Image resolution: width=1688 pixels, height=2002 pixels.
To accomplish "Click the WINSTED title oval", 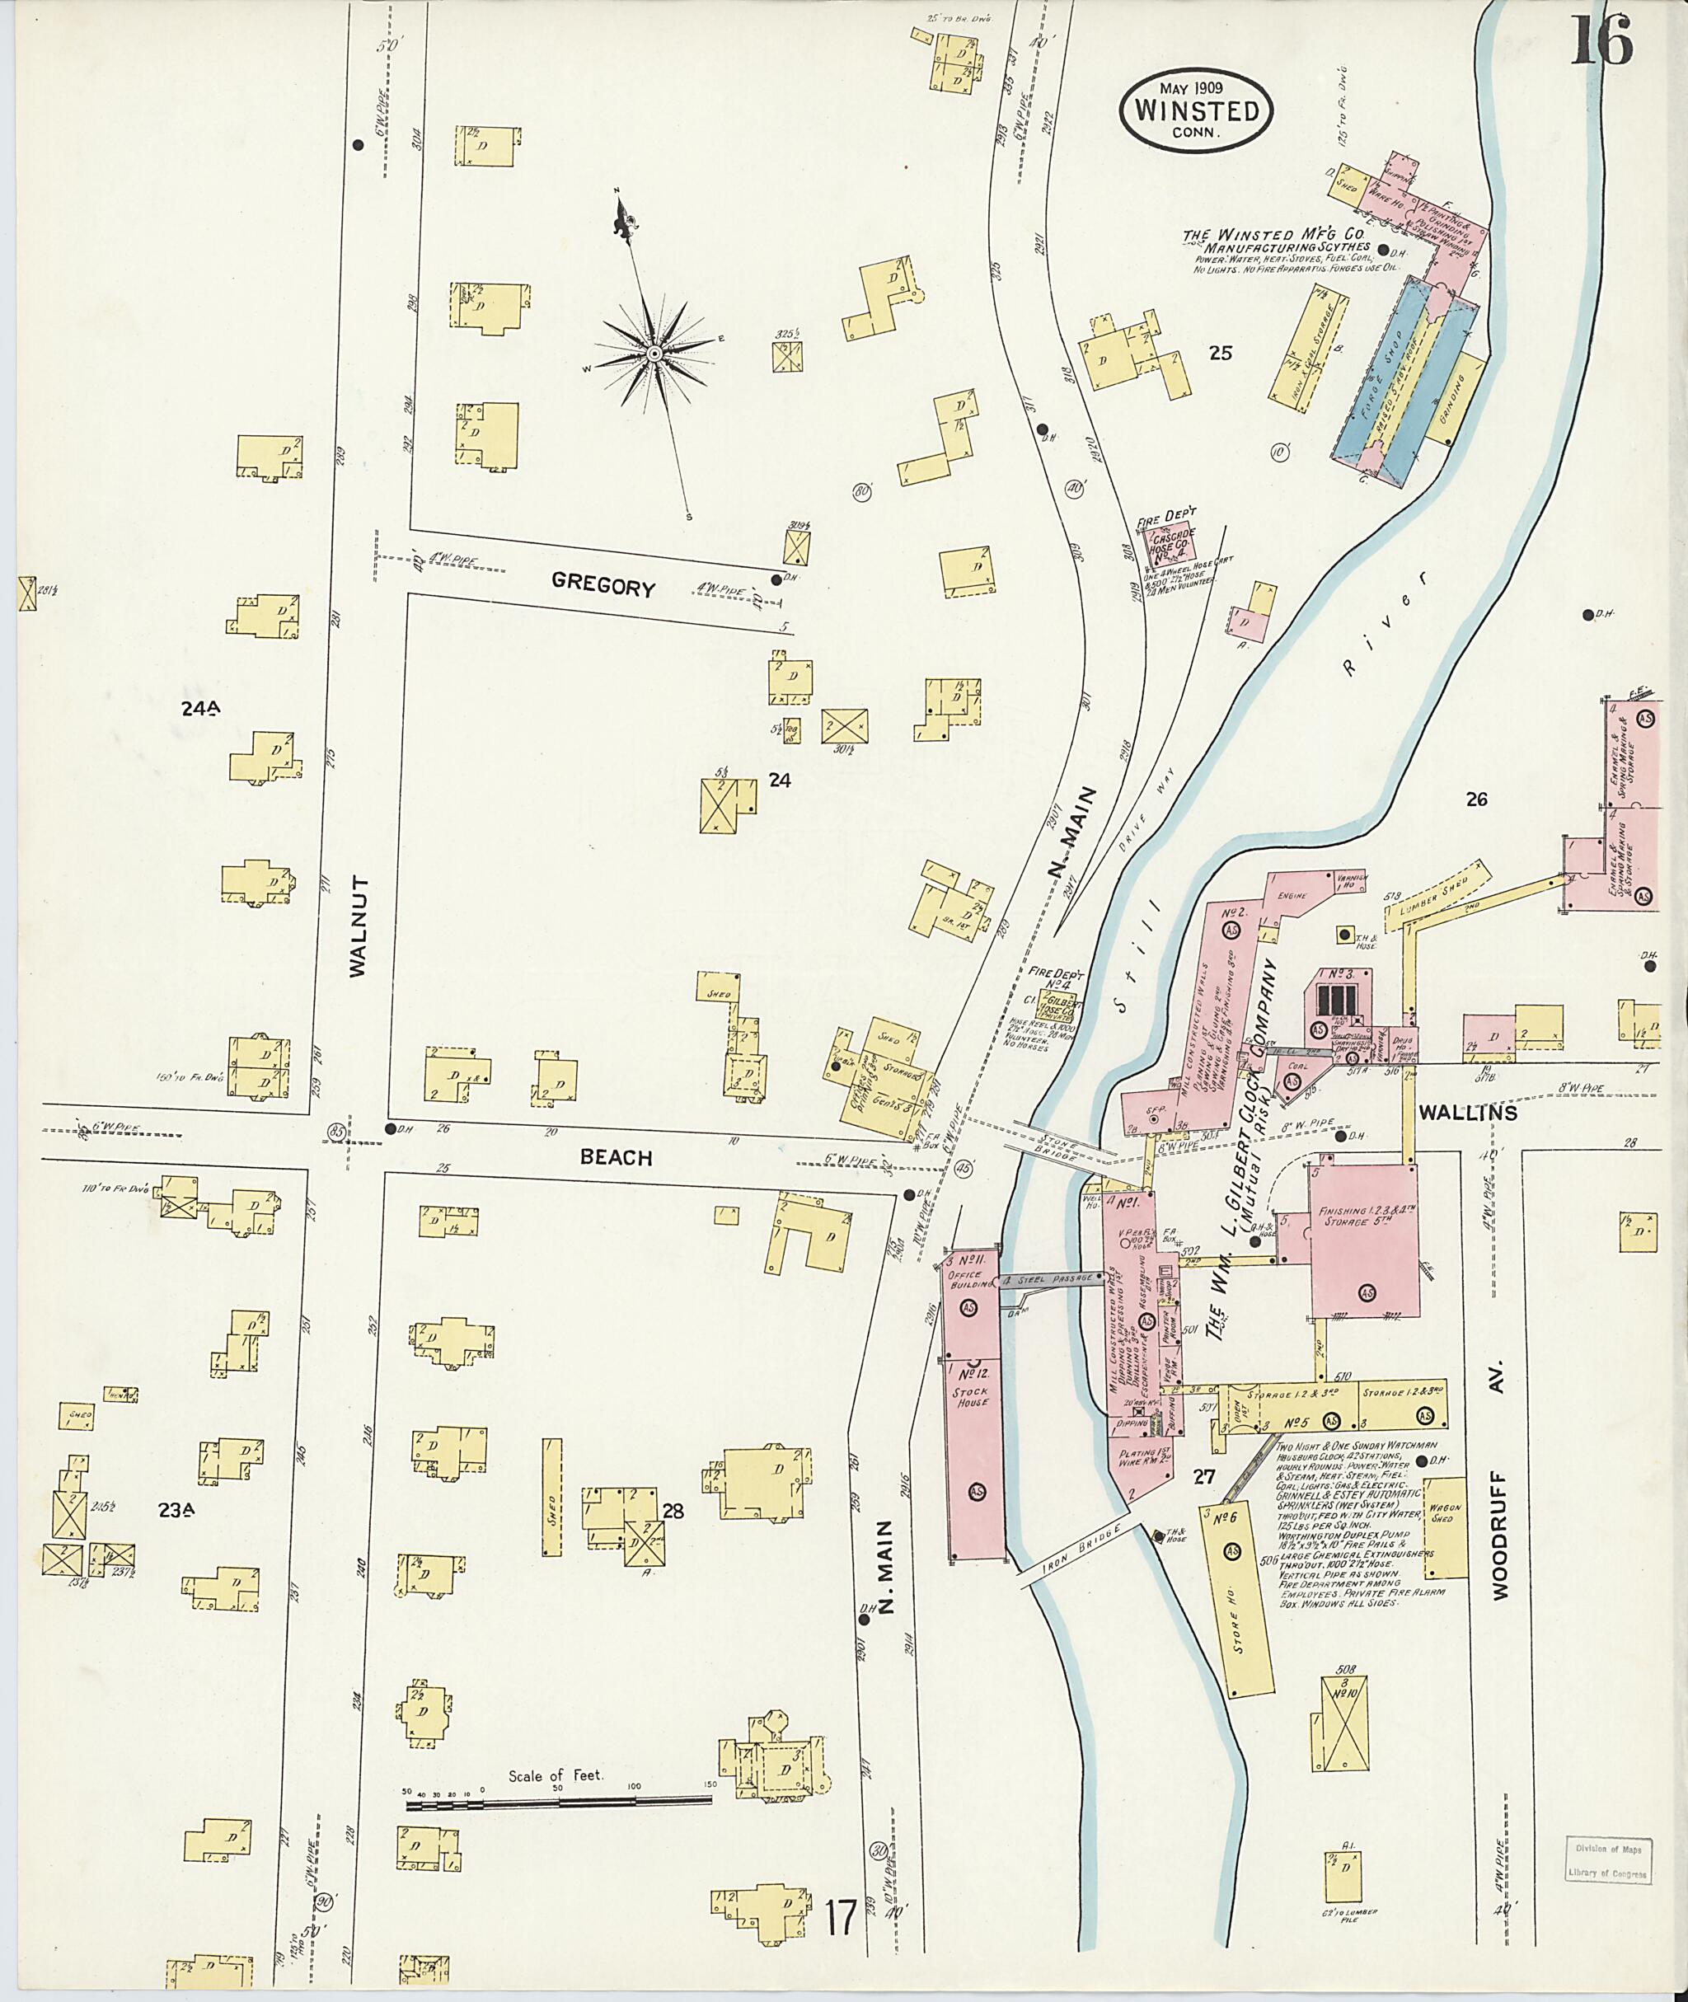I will (x=1195, y=110).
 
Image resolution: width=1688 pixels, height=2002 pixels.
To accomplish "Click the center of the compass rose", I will (x=654, y=354).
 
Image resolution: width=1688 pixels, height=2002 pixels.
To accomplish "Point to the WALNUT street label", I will (x=359, y=926).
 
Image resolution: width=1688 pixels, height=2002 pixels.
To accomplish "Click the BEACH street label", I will (x=617, y=1158).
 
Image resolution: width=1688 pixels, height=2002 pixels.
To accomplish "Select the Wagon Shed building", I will (x=1445, y=1528).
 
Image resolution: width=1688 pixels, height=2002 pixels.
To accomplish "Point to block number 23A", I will (x=177, y=1510).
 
